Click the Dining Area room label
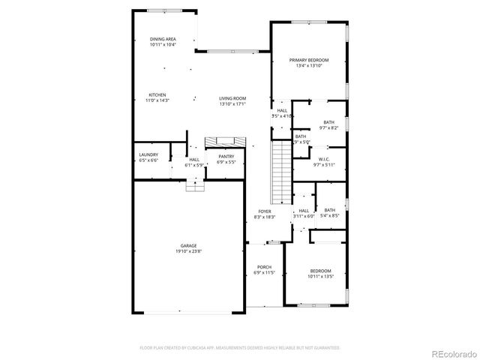163,38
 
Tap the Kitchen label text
157,95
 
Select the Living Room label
232,98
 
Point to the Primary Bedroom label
308,60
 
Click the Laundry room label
148,155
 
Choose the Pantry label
226,157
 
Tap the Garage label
188,245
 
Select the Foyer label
265,211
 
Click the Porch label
264,267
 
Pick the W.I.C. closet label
325,159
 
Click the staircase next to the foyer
280,172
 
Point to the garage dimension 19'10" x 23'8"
188,252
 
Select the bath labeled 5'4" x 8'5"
330,213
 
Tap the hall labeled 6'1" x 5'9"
194,163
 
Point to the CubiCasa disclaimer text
240,348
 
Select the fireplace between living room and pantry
224,142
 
